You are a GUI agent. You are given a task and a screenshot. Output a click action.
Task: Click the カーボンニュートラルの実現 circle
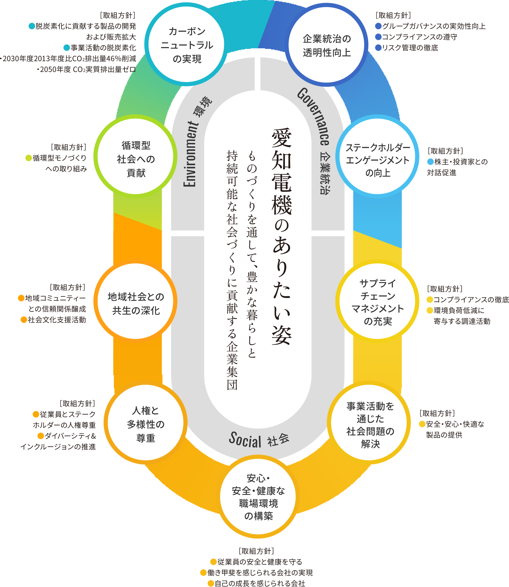coord(187,45)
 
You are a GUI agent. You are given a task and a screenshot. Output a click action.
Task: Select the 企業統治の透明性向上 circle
coord(327,46)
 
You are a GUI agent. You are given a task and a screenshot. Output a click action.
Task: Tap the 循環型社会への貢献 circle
coord(136,159)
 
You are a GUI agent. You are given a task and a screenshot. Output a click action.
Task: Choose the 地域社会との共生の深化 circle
coord(136,304)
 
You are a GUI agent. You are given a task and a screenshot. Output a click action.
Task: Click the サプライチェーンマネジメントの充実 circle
coord(377,302)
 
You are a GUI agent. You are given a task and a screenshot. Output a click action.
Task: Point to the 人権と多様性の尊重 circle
coord(146,424)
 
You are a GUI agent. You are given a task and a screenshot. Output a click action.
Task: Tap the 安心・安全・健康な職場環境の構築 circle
coord(258,497)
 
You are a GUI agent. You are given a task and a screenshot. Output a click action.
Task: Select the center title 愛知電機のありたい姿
coord(282,237)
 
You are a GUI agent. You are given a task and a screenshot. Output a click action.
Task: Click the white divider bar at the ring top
coord(258,73)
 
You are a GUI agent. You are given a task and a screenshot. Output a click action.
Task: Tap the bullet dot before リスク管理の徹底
coord(378,48)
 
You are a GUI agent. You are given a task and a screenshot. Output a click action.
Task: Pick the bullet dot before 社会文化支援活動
coord(24,320)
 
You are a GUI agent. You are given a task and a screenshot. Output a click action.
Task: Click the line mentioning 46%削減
coord(69,58)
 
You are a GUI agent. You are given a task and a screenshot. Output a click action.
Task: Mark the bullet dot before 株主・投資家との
coord(430,162)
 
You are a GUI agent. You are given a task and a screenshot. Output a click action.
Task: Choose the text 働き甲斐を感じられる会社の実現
coord(260,573)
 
